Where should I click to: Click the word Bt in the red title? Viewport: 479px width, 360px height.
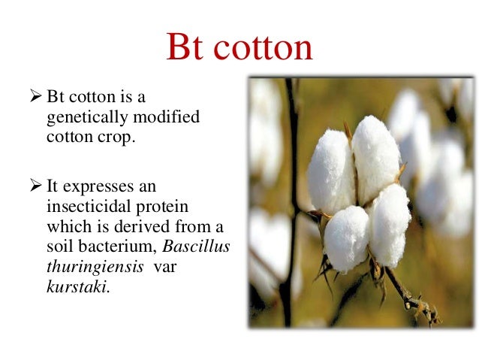[x=188, y=47]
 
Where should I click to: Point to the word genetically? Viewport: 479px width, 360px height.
[x=83, y=119]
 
